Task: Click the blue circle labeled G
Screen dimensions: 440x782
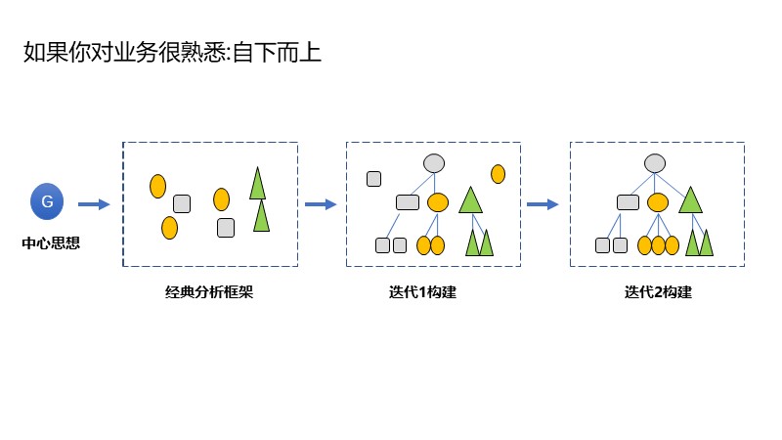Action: point(47,202)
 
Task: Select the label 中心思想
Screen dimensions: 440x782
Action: point(51,243)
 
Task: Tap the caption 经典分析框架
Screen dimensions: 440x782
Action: point(209,291)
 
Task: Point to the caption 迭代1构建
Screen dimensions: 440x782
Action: point(422,291)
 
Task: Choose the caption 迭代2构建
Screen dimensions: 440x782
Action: point(658,291)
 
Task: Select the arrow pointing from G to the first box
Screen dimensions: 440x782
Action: point(94,204)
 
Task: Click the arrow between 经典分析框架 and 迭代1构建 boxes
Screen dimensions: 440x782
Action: point(321,204)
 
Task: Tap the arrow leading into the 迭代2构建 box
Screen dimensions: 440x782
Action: point(543,204)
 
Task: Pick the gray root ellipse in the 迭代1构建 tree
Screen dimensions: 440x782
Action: point(434,164)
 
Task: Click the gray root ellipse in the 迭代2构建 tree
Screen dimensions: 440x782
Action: point(656,164)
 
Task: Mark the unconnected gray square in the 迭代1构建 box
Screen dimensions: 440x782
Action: point(373,178)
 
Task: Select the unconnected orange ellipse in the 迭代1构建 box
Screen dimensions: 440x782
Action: point(498,174)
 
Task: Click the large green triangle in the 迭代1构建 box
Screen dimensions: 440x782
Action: point(471,200)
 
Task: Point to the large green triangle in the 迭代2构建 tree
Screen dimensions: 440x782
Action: point(691,200)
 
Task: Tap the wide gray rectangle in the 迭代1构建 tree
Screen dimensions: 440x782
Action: point(408,202)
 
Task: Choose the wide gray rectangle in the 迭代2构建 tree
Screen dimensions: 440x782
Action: point(629,202)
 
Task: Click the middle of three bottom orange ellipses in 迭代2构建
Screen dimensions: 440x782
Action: point(658,245)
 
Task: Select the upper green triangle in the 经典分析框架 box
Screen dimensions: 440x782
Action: point(258,184)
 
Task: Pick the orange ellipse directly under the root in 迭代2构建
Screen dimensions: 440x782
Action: point(658,202)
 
